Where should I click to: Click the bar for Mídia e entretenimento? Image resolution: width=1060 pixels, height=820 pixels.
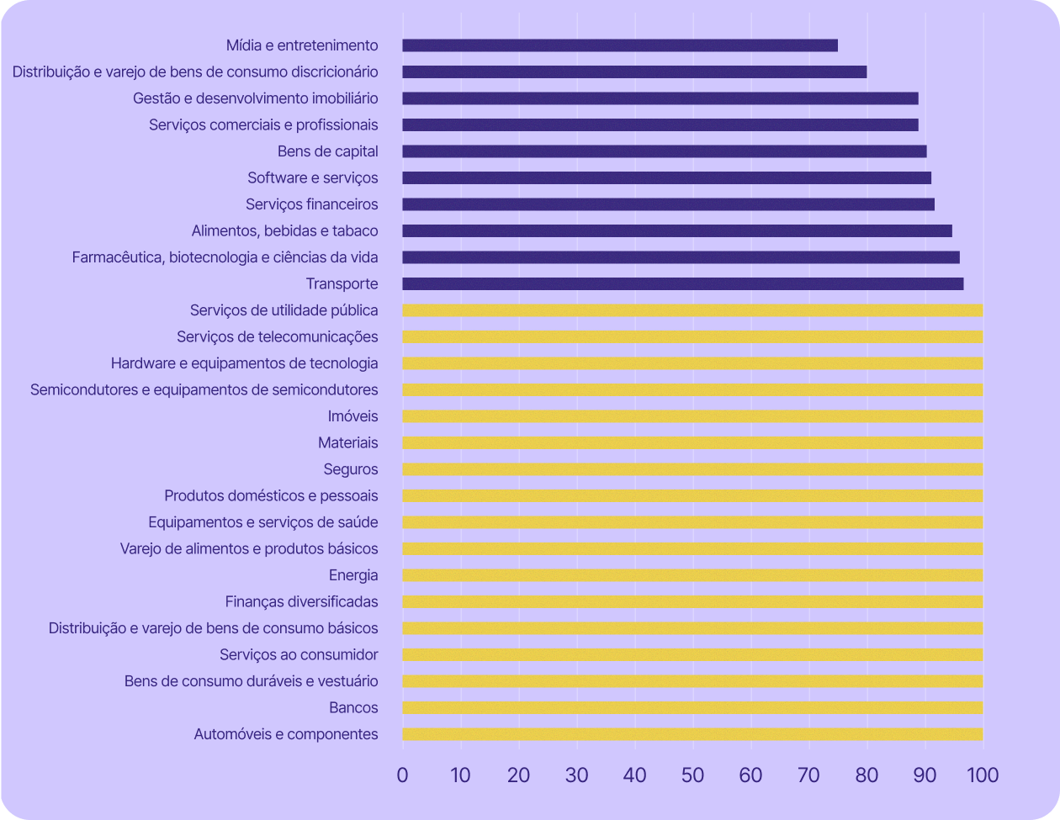point(620,45)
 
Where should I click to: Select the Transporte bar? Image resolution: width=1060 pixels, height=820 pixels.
point(683,284)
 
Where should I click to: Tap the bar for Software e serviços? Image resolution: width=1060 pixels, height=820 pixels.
point(666,178)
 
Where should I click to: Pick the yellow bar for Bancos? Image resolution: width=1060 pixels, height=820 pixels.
point(692,708)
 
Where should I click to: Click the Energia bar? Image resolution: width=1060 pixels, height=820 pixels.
point(692,575)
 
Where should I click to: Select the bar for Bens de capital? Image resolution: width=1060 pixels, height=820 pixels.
point(665,151)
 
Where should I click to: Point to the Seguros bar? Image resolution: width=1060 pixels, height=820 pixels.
point(692,469)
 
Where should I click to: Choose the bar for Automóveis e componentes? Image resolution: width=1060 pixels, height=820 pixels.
point(692,734)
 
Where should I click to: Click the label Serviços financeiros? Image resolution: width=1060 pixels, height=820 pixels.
point(311,204)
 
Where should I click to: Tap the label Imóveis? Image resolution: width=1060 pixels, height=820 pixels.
point(352,416)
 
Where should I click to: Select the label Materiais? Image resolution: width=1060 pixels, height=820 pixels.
point(347,442)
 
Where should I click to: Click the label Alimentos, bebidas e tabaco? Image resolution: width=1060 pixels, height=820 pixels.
point(284,230)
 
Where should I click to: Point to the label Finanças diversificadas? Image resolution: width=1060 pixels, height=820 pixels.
point(301,601)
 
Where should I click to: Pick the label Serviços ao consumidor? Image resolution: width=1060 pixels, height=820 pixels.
point(299,654)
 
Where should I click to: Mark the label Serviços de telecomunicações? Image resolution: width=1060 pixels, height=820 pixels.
point(277,336)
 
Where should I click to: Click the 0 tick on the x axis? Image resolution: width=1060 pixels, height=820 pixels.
point(402,775)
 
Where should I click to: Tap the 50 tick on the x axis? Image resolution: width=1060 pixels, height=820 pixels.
point(692,775)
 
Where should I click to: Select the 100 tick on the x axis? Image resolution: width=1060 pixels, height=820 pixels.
point(982,775)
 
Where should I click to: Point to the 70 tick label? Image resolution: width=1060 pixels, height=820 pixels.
point(808,775)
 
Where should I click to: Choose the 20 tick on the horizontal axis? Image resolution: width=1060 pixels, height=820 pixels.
point(518,775)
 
